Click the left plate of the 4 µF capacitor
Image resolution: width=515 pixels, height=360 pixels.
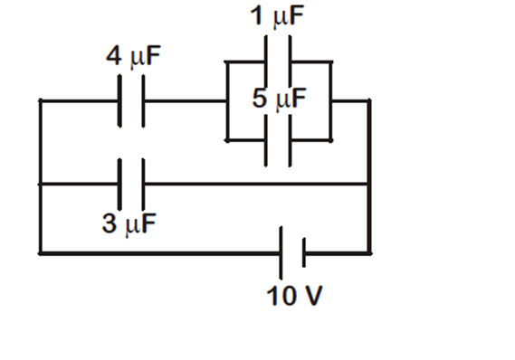(x=120, y=101)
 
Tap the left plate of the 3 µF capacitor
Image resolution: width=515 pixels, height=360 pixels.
(x=120, y=184)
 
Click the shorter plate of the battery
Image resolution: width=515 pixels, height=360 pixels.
(x=303, y=253)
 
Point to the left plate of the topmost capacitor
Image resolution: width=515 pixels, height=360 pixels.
(x=267, y=62)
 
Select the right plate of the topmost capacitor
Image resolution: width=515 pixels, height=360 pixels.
(x=290, y=62)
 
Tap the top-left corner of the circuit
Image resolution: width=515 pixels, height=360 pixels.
(x=40, y=101)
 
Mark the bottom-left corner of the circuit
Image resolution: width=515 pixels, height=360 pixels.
(x=40, y=253)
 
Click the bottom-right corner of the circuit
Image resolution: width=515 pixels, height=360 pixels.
(x=369, y=253)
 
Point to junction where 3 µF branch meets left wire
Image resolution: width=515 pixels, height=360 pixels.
(x=40, y=184)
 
